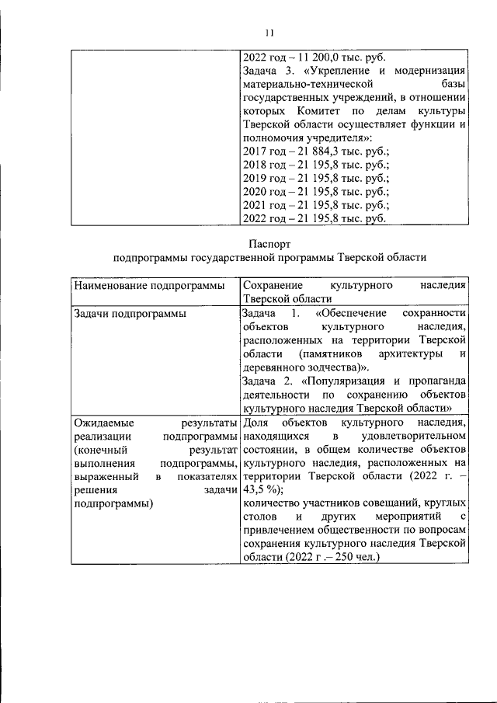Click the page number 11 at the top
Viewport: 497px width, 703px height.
tap(269, 32)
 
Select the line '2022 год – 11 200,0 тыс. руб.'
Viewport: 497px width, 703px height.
tap(314, 57)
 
